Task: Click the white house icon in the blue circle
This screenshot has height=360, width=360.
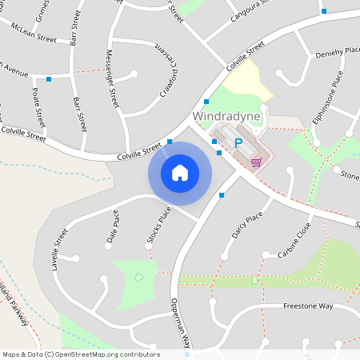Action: click(179, 172)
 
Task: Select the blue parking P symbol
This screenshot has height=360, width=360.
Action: click(238, 143)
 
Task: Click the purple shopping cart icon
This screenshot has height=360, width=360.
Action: click(255, 162)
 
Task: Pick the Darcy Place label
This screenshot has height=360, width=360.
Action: click(247, 226)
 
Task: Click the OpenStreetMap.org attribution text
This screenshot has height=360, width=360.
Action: click(80, 354)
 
